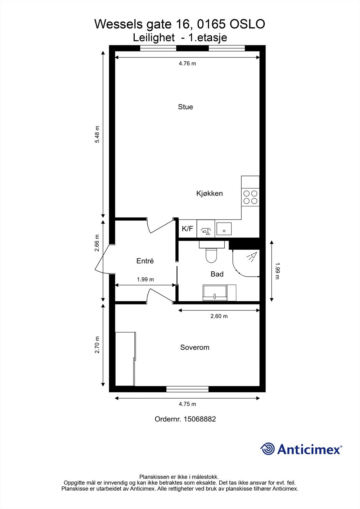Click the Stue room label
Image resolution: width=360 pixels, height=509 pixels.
pos(185,107)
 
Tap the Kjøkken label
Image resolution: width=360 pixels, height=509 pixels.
pos(209,193)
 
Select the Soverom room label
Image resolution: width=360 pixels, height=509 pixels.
pos(195,347)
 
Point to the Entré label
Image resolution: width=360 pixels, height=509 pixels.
pos(145,261)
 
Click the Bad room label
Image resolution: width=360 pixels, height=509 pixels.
pos(217,274)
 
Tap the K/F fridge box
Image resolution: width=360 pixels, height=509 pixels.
pos(187,228)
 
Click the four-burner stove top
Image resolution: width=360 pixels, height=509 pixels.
pos(250,197)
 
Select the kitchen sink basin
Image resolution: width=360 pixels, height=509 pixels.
pos(224,228)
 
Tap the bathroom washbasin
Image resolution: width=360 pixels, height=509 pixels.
pos(215,293)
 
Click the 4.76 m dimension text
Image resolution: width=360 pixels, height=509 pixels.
pos(187,64)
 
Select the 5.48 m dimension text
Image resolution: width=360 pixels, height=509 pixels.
pos(97,134)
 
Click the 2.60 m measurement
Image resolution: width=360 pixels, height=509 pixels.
pos(219,316)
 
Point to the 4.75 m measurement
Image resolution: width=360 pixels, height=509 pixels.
pos(187,404)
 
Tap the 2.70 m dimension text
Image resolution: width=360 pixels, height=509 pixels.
pos(97,345)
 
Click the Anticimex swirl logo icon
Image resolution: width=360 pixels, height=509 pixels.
pos(267,449)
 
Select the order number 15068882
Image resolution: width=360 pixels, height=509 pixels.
pos(200,419)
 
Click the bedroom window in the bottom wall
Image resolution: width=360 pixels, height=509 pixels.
pos(187,389)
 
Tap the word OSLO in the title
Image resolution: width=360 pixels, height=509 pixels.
pos(247,24)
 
